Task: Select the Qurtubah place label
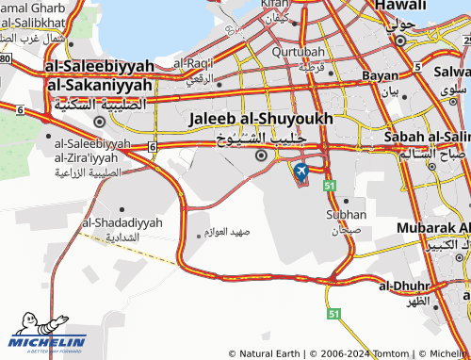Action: pyautogui.click(x=298, y=52)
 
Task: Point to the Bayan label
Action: pyautogui.click(x=380, y=74)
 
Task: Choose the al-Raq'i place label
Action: pyautogui.click(x=194, y=62)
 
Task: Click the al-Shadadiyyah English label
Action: pyautogui.click(x=122, y=222)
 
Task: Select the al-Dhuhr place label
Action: pyautogui.click(x=404, y=285)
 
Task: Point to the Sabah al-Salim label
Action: pyautogui.click(x=427, y=137)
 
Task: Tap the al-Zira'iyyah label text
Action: pyautogui.click(x=92, y=156)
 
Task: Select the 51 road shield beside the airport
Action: pyautogui.click(x=330, y=188)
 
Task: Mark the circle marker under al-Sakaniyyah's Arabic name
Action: pyautogui.click(x=99, y=121)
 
